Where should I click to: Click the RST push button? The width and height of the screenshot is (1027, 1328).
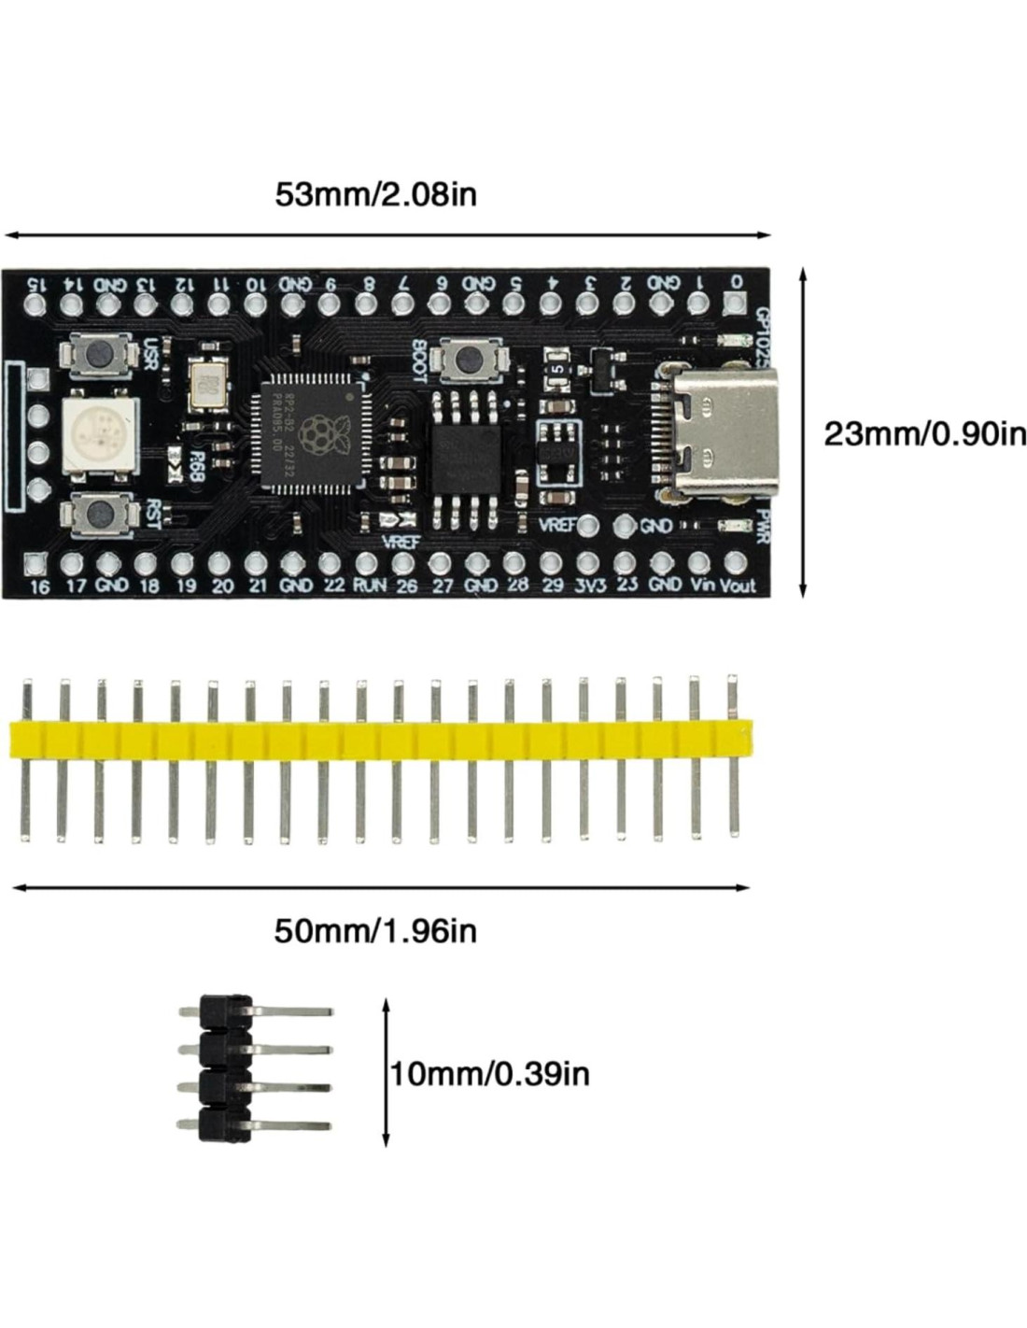click(x=96, y=512)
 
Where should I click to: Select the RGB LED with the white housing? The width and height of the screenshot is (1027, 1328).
click(x=99, y=433)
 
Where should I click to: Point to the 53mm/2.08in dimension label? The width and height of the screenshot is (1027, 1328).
click(x=375, y=194)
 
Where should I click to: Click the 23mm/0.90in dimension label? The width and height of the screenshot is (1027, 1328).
click(x=924, y=433)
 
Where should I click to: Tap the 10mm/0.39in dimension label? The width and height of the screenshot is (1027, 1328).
click(x=490, y=1073)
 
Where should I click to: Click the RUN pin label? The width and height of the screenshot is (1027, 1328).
click(x=369, y=586)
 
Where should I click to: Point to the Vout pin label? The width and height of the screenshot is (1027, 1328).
click(x=738, y=586)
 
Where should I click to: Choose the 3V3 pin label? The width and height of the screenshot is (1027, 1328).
click(x=589, y=586)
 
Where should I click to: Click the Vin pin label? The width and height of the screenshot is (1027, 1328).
click(x=700, y=586)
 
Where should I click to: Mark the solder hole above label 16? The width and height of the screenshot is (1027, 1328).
click(x=35, y=562)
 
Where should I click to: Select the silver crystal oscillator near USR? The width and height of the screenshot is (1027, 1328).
click(x=207, y=382)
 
